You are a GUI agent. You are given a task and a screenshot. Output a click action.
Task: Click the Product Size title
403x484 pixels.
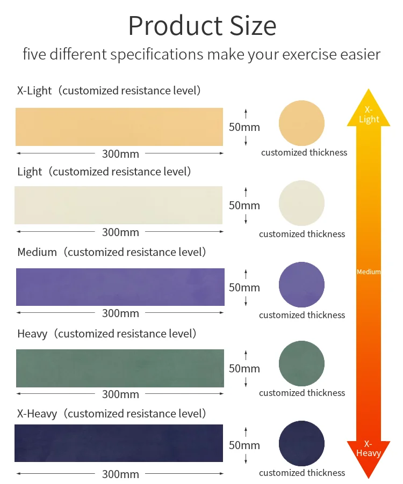click(x=202, y=26)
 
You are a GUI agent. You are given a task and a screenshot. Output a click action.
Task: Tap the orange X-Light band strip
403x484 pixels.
click(x=119, y=127)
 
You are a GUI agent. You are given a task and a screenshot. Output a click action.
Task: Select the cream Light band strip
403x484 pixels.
click(x=119, y=205)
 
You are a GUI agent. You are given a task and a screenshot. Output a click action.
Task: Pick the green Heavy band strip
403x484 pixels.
click(x=120, y=368)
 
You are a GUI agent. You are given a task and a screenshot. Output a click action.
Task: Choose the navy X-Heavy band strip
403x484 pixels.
click(x=119, y=443)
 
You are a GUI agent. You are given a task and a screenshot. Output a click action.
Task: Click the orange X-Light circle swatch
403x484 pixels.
click(x=301, y=123)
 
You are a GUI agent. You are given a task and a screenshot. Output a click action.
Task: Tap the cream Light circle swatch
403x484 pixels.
click(x=301, y=203)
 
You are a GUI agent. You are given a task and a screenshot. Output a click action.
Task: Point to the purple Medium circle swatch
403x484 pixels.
click(x=301, y=285)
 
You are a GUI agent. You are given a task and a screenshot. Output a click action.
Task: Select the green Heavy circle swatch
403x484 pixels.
click(x=301, y=363)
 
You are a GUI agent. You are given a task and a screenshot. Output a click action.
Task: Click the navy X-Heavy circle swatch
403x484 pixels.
click(x=301, y=444)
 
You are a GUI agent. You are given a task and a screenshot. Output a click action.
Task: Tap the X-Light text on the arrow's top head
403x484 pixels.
click(x=369, y=114)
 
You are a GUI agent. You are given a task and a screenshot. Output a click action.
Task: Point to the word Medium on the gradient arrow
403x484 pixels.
click(x=369, y=272)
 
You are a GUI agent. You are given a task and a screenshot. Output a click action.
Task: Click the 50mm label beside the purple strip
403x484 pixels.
click(x=244, y=288)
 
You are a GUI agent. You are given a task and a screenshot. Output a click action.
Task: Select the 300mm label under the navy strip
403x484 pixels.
click(x=120, y=474)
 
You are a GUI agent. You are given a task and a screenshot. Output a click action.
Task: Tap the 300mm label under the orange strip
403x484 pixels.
click(x=120, y=154)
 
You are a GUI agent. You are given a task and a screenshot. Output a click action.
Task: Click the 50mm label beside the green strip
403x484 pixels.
click(x=244, y=369)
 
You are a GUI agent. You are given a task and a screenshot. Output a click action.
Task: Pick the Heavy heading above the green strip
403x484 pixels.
click(x=32, y=334)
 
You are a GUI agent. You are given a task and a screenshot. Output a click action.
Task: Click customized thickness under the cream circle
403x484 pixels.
click(x=302, y=234)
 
